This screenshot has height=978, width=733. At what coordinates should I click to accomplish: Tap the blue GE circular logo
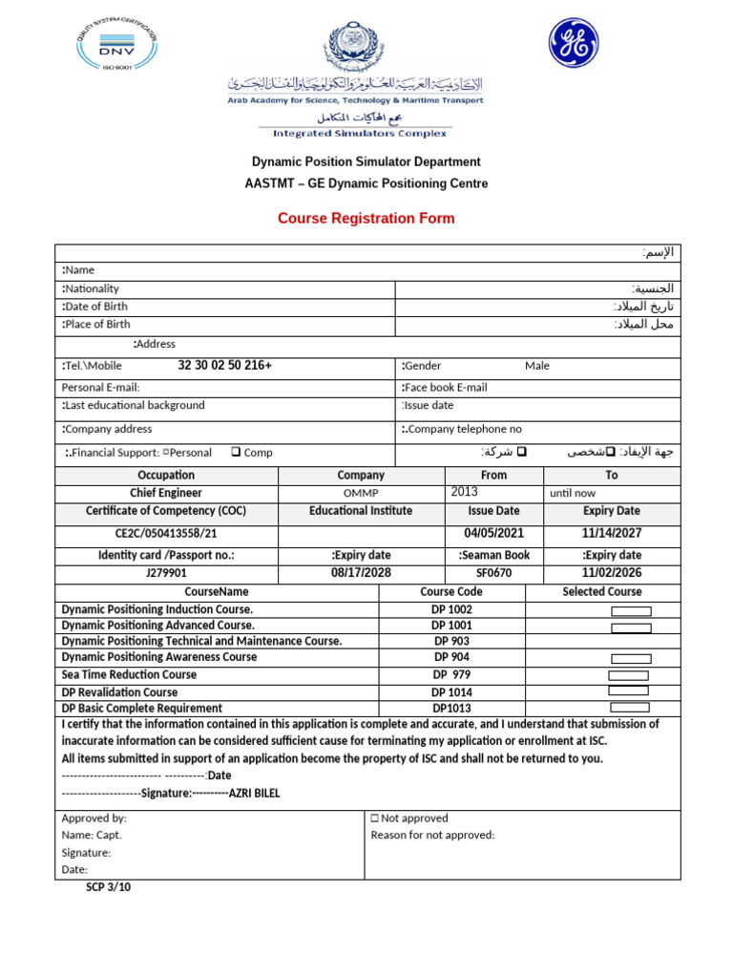(573, 44)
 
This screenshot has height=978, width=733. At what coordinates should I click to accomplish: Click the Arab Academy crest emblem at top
(354, 49)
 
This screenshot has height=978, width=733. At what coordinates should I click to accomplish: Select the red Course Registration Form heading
(366, 219)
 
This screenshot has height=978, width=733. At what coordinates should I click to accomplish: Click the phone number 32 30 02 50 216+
(224, 366)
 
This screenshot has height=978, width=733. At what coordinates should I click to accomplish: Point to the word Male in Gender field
(537, 366)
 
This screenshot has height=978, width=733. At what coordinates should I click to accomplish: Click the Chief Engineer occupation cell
(166, 493)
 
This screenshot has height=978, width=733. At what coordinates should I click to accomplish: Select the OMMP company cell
(361, 493)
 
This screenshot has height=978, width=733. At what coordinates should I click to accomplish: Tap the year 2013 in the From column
(464, 492)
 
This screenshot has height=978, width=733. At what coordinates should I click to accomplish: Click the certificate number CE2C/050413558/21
(166, 535)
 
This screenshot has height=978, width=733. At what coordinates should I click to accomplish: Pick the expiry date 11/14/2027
(612, 534)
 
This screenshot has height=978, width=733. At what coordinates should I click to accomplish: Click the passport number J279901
(166, 574)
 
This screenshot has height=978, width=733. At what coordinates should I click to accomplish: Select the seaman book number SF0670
(493, 574)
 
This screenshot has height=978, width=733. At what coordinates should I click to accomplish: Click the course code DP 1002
(451, 609)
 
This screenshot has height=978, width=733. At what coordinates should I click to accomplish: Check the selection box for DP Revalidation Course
(629, 691)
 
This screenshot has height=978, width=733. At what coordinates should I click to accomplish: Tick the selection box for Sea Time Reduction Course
(629, 675)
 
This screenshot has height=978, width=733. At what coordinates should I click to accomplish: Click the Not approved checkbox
(374, 819)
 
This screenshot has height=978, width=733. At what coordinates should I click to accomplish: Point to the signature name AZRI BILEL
(255, 794)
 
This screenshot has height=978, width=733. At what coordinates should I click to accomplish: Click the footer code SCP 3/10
(108, 887)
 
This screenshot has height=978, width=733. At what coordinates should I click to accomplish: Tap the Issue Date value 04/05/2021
(493, 534)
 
